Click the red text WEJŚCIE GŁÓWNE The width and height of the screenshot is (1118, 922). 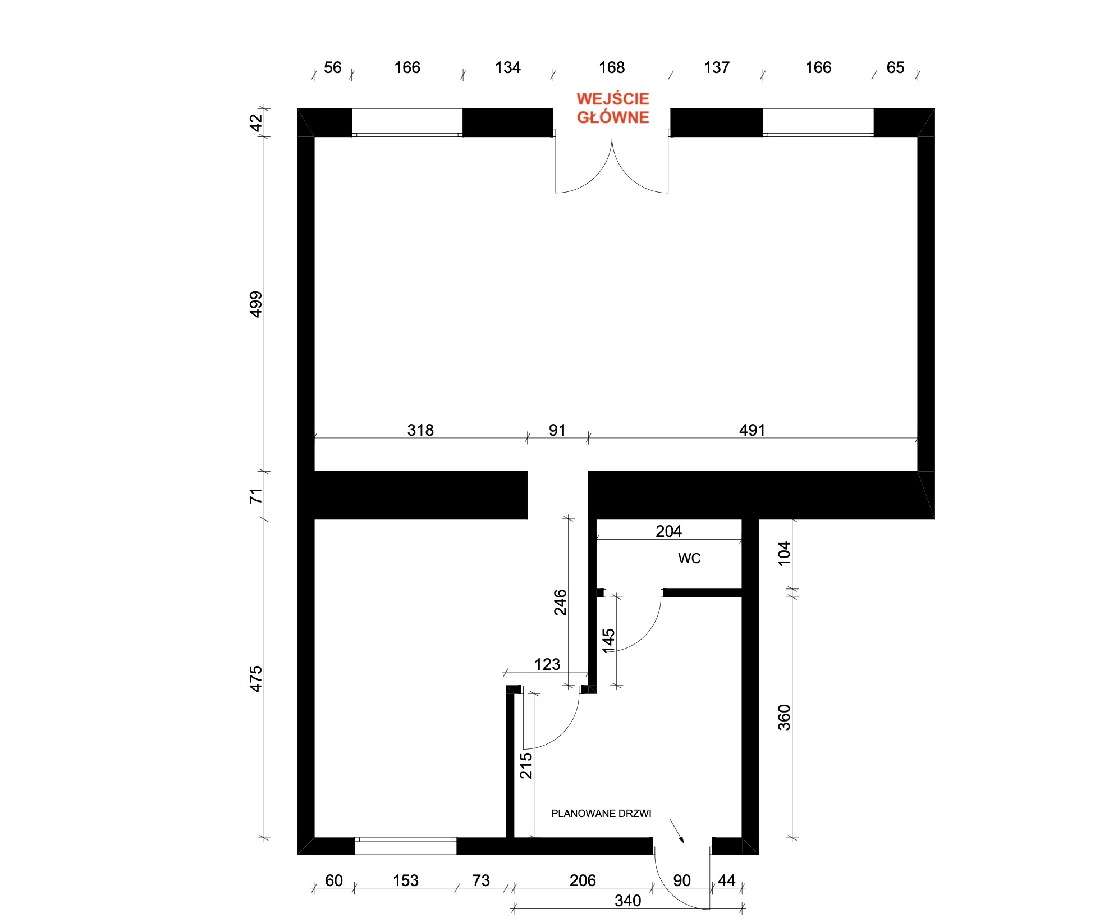coord(613,108)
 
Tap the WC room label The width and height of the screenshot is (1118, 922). coord(689,558)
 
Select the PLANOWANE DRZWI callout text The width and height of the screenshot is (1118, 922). coord(601,813)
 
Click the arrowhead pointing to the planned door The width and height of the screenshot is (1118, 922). coord(681,838)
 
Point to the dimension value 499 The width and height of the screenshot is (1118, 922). coord(255,304)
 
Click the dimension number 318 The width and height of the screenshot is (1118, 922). coord(420,430)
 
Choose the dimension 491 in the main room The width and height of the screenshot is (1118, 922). coord(752,430)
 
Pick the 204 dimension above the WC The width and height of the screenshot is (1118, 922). coord(668,531)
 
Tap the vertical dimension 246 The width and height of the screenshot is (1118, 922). coord(560,603)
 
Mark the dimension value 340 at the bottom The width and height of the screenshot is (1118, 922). coord(627,901)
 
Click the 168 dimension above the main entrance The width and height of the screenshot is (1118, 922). coord(612,67)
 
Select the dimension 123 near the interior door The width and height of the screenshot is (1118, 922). coord(547,664)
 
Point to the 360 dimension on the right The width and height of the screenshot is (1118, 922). coord(784,717)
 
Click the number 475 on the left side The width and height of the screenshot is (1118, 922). coord(255,678)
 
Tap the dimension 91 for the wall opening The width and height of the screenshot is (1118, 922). coord(557,430)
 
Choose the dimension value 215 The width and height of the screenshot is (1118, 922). coord(526,766)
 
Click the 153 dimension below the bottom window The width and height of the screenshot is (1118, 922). coord(406,880)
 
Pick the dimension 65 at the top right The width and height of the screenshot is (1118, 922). coord(895,67)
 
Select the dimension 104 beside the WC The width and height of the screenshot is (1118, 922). coord(784,554)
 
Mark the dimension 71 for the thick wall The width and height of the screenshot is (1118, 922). coord(255,496)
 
